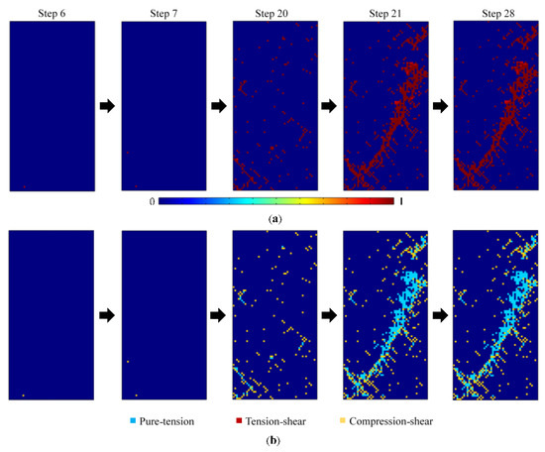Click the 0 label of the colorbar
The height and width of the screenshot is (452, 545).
(152, 200)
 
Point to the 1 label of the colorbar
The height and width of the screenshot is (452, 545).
(401, 200)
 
